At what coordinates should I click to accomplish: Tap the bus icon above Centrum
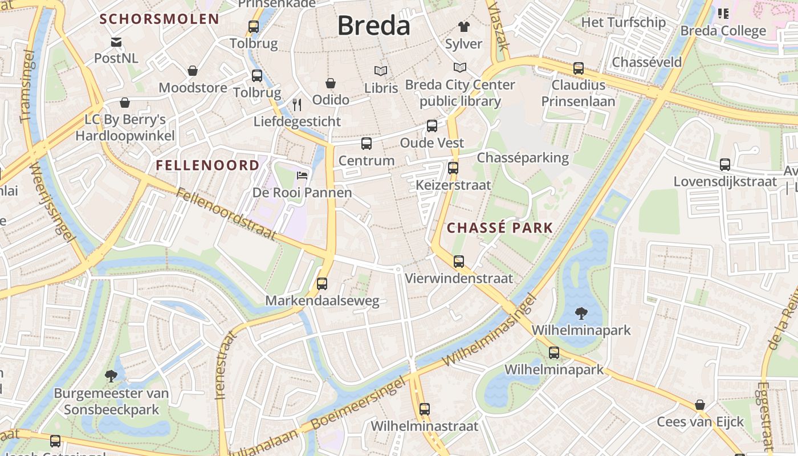coord(366,144)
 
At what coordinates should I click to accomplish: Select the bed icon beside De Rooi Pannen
coord(302,175)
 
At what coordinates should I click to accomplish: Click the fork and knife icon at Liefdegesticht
coord(296,104)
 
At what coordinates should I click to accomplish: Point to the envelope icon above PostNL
coord(116,42)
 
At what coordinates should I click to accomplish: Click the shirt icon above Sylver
coord(463,27)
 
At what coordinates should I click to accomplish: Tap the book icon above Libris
coord(381,71)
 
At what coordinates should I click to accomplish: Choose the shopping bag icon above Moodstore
coord(193,71)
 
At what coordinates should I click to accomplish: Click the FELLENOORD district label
coord(207,166)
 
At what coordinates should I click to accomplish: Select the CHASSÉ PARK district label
coord(500,228)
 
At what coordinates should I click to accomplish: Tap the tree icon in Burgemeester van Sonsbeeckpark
coord(111,376)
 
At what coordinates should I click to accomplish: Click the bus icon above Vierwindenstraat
coord(459,262)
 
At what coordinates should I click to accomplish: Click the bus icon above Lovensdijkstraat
coord(725,165)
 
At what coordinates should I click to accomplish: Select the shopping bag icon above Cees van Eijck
coord(700,405)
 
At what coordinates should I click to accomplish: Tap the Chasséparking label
coord(523,158)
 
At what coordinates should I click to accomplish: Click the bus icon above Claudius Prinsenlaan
coord(579,68)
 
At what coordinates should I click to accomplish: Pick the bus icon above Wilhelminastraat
coord(425,409)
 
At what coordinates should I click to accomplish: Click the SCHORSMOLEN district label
coord(160,19)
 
